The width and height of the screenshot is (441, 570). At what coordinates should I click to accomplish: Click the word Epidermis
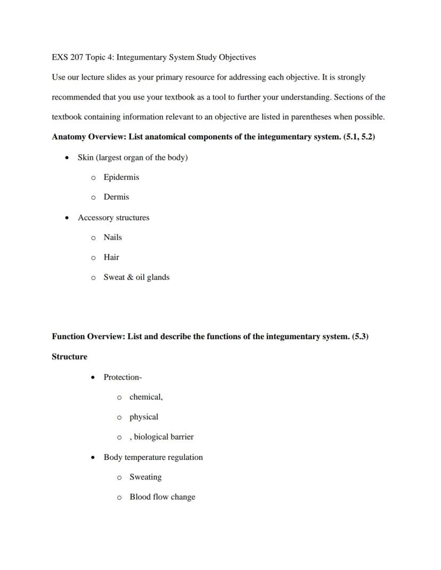tap(121, 177)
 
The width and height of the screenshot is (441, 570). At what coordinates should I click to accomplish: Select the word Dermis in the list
tap(116, 197)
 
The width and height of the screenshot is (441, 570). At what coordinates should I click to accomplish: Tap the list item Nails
tap(112, 237)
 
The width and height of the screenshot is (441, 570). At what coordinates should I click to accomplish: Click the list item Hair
tap(111, 257)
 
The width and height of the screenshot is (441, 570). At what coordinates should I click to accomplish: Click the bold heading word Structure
tap(69, 357)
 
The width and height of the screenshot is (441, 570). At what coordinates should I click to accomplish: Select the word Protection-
tap(123, 377)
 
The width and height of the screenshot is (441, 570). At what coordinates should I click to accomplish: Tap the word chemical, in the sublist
tap(146, 397)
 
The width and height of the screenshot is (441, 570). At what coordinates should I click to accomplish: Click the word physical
tap(144, 417)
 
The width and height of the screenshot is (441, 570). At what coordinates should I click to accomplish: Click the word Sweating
tap(145, 477)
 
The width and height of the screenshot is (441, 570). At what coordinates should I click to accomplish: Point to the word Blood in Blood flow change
tap(140, 497)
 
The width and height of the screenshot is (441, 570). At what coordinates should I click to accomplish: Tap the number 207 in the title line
tap(76, 57)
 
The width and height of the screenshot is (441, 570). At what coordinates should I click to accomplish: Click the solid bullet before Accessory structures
tap(67, 218)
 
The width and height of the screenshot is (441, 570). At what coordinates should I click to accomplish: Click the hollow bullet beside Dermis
tap(93, 197)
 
